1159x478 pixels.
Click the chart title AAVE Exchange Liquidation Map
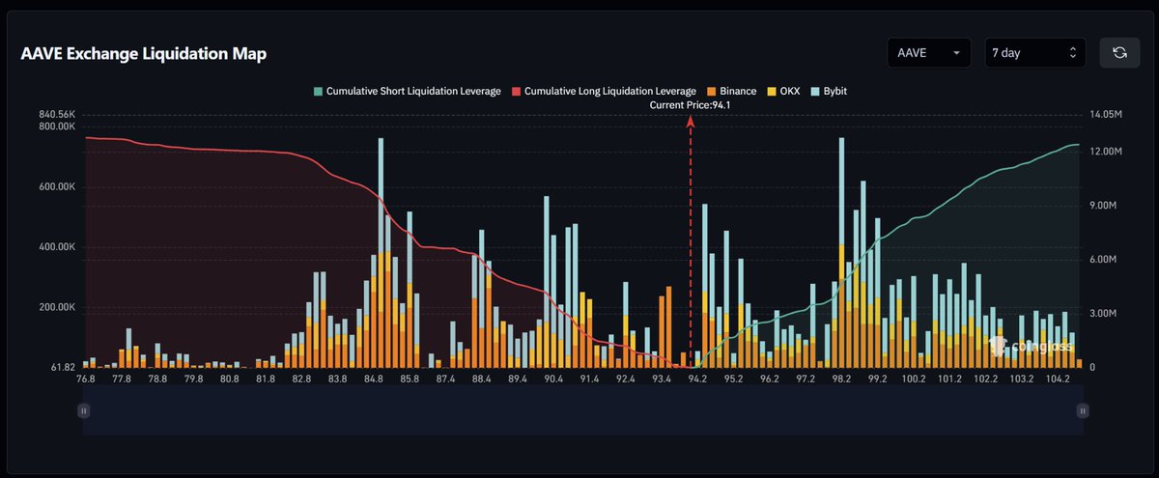click(144, 54)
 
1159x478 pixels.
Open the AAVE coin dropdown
click(929, 53)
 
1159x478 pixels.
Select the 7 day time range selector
click(1034, 53)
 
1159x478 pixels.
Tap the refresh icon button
click(1119, 53)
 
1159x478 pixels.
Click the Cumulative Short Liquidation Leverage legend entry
click(407, 91)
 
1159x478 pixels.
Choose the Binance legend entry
click(731, 91)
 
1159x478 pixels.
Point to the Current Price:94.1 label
click(691, 104)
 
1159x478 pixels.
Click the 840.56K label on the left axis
click(57, 114)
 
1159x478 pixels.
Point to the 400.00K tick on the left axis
click(57, 247)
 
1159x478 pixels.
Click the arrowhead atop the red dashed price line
click(691, 121)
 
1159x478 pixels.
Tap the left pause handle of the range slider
click(84, 410)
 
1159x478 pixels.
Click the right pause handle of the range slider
click(1083, 410)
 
